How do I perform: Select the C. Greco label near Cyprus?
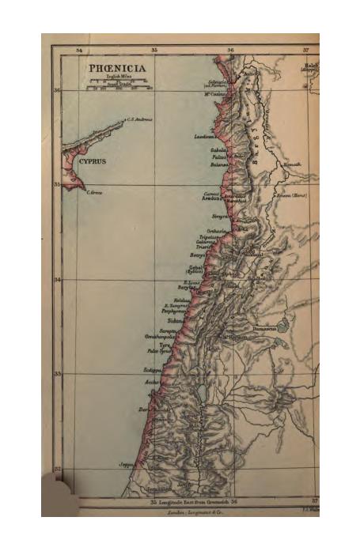[x=94, y=193]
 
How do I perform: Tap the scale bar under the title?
[x=119, y=86]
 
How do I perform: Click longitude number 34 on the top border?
[x=78, y=50]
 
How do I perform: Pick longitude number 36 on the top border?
[x=230, y=50]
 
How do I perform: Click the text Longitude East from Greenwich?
[x=189, y=501]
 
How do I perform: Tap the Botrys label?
[x=198, y=255]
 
